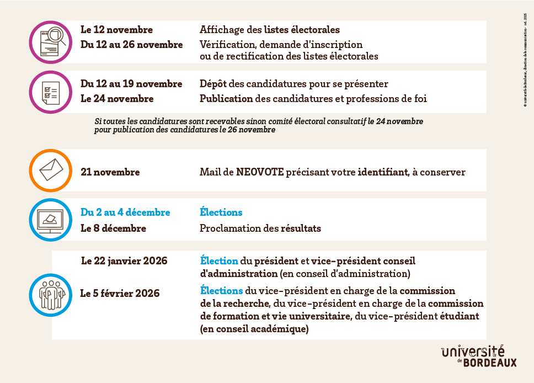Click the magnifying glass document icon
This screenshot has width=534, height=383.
[51, 42]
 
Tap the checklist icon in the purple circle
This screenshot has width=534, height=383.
[51, 92]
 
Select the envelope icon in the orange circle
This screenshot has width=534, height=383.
[51, 171]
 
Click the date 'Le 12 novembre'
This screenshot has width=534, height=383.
[116, 30]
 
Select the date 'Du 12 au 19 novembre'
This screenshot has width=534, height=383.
[131, 84]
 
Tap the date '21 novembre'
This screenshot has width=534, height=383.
[110, 172]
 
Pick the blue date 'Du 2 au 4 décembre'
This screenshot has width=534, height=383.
[125, 212]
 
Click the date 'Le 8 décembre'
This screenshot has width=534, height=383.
[113, 228]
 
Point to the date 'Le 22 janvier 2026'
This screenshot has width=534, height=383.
[124, 260]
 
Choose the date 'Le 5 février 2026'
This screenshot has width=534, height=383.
[120, 293]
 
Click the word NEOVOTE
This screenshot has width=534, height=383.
[260, 172]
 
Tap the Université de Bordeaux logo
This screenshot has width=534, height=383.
[479, 357]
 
